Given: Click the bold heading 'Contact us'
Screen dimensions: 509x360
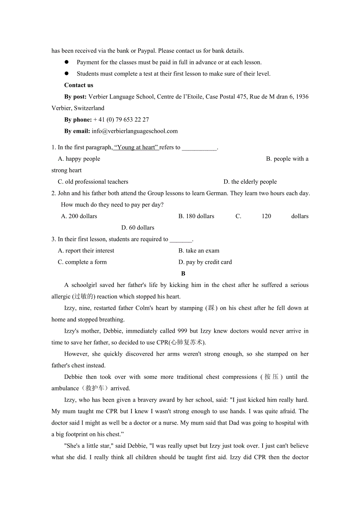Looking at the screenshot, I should click(79, 85).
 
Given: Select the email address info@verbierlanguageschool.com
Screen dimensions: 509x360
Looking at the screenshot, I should click(135, 131).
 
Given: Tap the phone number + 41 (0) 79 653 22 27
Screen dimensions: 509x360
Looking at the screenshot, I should click(121, 120).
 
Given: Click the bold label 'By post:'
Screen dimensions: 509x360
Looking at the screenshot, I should click(76, 97).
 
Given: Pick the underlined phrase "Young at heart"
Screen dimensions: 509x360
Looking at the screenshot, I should click(136, 147).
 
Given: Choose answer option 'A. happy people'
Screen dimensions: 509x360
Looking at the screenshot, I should click(79, 159).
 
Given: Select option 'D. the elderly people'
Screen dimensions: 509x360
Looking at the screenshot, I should click(250, 182).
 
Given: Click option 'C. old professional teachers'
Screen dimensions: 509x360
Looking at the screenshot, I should click(93, 182).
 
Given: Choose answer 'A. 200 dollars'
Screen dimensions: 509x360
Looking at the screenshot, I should click(79, 216).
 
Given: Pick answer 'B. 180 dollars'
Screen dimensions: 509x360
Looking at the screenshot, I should click(196, 216).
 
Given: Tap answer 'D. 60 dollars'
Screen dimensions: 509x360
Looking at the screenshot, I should click(138, 228).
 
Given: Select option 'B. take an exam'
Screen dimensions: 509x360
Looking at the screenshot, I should click(199, 251).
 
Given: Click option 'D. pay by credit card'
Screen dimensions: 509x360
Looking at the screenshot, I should click(205, 262).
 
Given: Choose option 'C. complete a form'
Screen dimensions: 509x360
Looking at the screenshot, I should click(82, 262).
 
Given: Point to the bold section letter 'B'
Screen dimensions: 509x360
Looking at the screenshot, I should click(183, 274).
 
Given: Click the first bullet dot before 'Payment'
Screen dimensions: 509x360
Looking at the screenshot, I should click(67, 62).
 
